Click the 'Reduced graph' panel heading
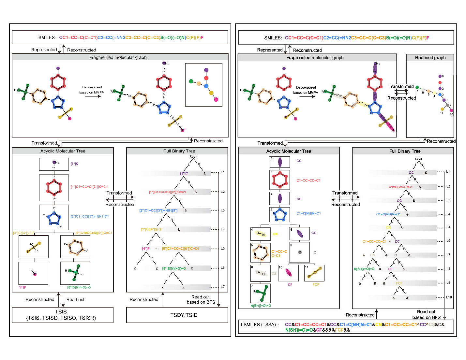point(430,58)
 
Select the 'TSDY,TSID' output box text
point(184,315)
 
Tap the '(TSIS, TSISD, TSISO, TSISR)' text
point(61,318)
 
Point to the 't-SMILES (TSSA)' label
point(260,325)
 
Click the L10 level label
point(449,297)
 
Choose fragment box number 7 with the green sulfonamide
point(260,293)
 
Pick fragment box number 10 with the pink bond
point(288,273)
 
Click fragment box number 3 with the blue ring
point(279,215)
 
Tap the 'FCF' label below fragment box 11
point(316,284)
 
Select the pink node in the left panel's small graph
point(216,99)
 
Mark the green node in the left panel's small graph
point(191,81)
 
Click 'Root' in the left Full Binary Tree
point(193,157)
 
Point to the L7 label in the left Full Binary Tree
point(223,287)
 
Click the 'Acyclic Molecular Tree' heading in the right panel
point(289,151)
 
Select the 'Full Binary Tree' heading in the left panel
point(179,151)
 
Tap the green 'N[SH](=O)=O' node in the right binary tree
point(364,269)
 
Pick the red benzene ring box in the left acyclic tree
point(54,188)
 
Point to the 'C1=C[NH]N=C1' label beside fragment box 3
point(308,213)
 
